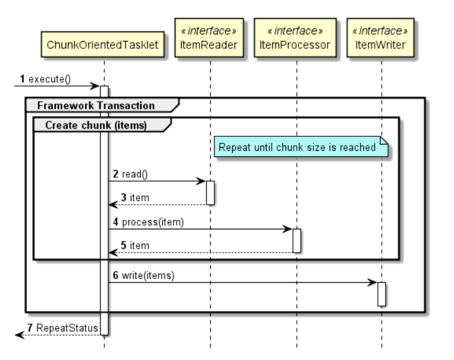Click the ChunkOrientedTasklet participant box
tap(104, 44)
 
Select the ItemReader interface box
tap(210, 37)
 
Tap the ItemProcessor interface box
tap(296, 37)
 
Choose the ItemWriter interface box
tap(381, 37)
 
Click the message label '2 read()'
tap(132, 173)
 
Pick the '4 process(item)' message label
tap(149, 221)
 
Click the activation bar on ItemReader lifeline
tap(210, 192)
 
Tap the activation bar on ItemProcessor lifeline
tap(296, 241)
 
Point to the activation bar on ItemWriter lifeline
tap(381, 294)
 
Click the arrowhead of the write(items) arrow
tap(373, 283)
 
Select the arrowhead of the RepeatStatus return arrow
tap(19, 335)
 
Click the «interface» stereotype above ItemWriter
tap(381, 30)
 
